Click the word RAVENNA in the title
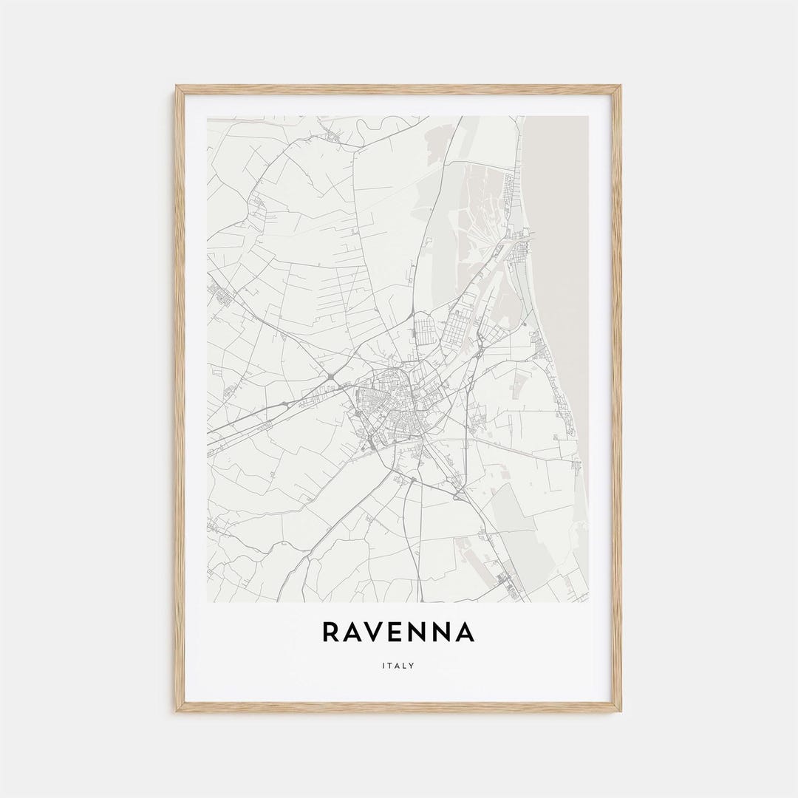coord(398,632)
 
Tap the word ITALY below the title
coord(398,666)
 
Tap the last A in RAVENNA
coord(465,632)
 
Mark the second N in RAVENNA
coord(443,632)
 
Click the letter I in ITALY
coord(383,666)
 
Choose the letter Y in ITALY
coord(412,666)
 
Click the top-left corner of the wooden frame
coord(177,87)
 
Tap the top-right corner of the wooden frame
coord(619,87)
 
